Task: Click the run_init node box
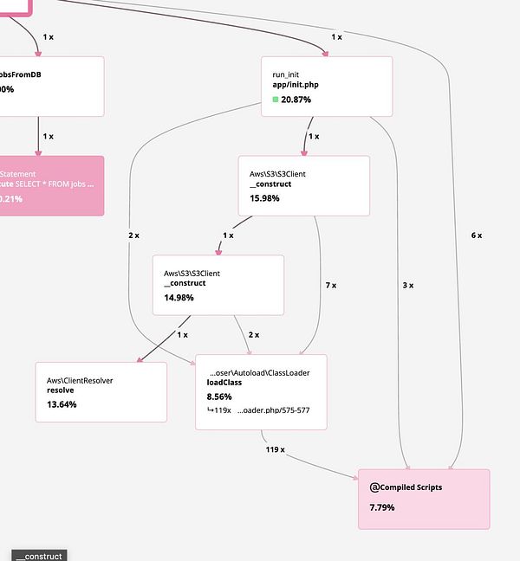[327, 87]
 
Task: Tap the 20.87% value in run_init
[296, 100]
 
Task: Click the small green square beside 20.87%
[276, 100]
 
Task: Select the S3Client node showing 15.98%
[304, 186]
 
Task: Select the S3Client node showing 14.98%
[218, 285]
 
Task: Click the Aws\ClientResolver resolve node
[101, 391]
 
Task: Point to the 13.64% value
[62, 404]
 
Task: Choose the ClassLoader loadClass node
[261, 391]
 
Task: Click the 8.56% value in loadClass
[220, 397]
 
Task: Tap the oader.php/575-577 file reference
[273, 410]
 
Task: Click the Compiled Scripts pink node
[424, 499]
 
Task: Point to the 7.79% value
[382, 506]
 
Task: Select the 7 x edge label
[330, 285]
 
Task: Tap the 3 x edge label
[408, 285]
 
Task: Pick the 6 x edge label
[476, 235]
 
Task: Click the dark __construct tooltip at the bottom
[38, 556]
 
